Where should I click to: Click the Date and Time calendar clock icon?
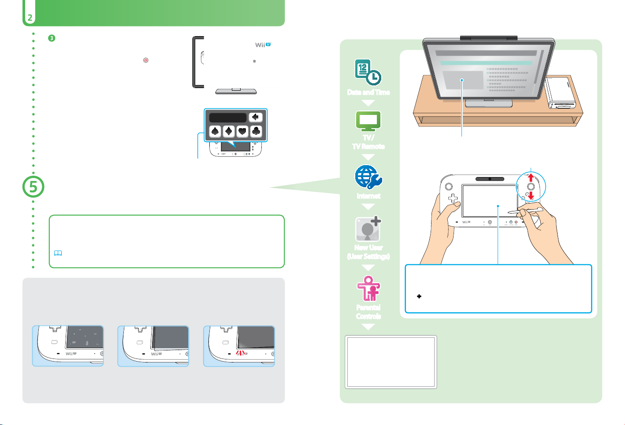click(368, 72)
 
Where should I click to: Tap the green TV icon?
click(368, 121)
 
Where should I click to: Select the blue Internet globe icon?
click(368, 177)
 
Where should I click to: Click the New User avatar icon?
click(368, 229)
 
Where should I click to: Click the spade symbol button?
click(216, 131)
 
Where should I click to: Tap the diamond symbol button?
click(229, 131)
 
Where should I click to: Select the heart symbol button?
click(242, 131)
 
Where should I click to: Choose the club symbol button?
click(256, 131)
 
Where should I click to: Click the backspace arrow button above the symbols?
click(256, 118)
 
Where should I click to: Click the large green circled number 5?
click(33, 187)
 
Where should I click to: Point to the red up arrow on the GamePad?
click(531, 177)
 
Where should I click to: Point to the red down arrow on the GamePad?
click(531, 195)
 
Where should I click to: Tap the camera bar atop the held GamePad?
click(490, 179)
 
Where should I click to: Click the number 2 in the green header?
click(29, 18)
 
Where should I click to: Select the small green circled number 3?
click(51, 38)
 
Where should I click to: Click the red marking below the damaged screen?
click(241, 353)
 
